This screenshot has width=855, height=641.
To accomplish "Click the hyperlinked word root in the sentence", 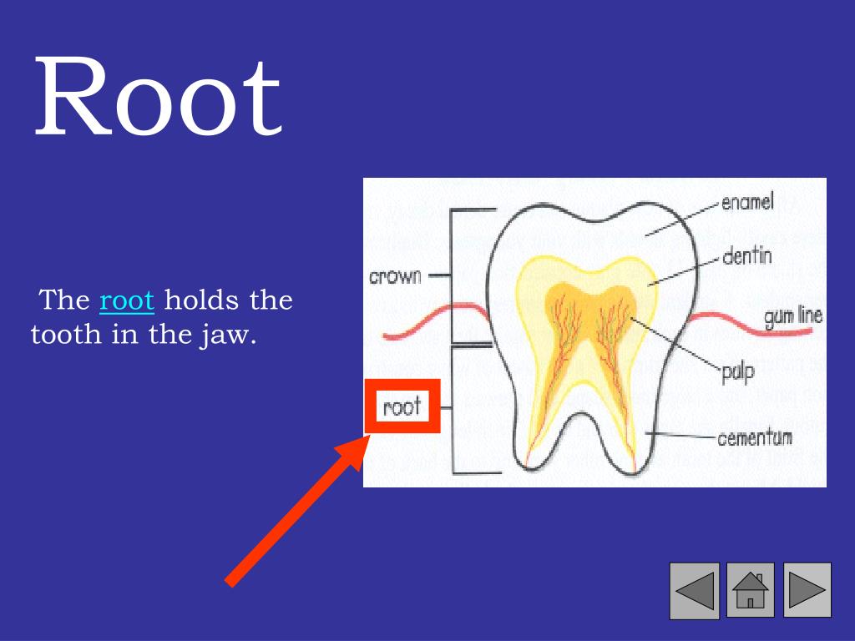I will click(x=127, y=300).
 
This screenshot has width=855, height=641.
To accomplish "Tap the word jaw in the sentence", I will click(x=230, y=336).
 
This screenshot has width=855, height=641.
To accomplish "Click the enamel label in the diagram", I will click(x=747, y=202).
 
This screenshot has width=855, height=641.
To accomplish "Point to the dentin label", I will click(x=746, y=255).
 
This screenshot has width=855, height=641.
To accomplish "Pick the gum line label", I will click(x=792, y=316).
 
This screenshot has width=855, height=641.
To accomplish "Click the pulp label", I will click(x=737, y=371).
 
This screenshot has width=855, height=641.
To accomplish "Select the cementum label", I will click(x=755, y=437).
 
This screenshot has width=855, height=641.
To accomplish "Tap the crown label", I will click(x=397, y=276).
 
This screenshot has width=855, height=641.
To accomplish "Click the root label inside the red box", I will click(x=402, y=407).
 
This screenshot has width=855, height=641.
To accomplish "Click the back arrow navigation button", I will click(x=694, y=590).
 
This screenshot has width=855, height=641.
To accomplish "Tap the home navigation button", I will click(x=751, y=590).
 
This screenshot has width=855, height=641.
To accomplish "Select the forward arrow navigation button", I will click(x=807, y=590).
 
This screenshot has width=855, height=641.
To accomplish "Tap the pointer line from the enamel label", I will click(x=680, y=219).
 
